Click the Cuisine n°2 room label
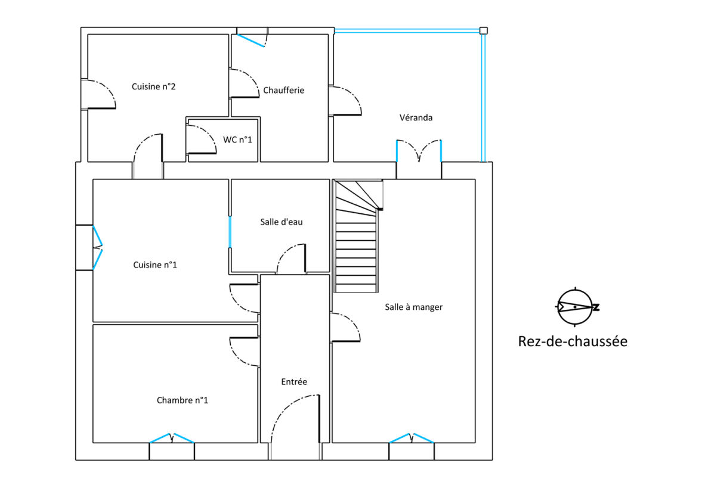coord(153,87)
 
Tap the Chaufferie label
coord(283,91)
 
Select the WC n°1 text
coord(237,140)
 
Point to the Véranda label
coord(416,117)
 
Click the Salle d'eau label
coord(281,222)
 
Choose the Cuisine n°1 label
coord(155,265)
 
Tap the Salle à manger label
coord(414,307)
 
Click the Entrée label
coord(294,382)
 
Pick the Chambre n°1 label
coord(183,400)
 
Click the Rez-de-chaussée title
coord(573,341)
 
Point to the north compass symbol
coord(577,307)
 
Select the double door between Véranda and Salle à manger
coord(419,151)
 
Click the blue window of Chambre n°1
coord(171,438)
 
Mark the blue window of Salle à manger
coord(412,438)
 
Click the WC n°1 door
coord(202,139)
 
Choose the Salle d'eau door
coord(291,259)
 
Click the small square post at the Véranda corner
coord(484,30)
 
